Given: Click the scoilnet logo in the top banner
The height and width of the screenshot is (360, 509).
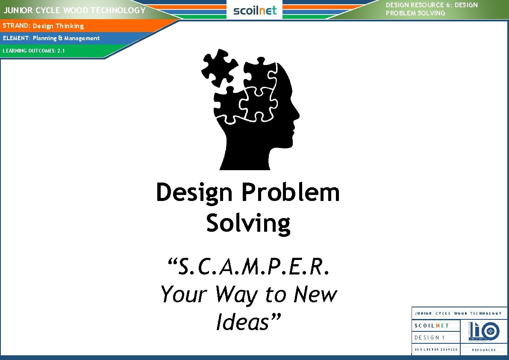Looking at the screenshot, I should click(255, 10).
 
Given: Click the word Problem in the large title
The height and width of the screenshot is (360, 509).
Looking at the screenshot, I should click(291, 193).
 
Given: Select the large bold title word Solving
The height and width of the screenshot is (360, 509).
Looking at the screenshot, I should click(248, 223).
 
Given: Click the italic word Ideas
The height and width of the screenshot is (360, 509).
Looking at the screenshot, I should click(248, 322).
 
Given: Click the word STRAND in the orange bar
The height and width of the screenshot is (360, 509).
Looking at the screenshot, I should click(15, 26).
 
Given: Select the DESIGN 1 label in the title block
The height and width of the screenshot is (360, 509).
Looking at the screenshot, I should click(430, 338).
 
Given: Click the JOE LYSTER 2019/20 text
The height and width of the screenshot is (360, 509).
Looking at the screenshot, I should click(436, 350).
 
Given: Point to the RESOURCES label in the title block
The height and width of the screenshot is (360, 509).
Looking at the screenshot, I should click(484, 350).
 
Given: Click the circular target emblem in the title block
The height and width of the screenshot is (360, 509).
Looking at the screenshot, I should click(490, 331).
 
